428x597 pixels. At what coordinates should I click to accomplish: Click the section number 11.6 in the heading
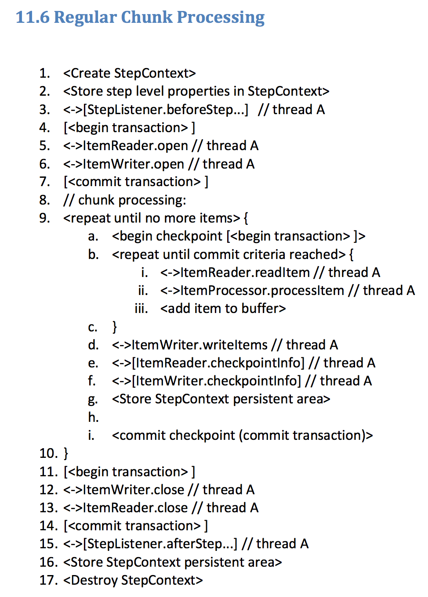coord(33,17)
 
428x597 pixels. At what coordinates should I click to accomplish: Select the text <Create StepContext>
coord(130,73)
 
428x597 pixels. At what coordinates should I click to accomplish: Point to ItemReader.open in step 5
coord(136,146)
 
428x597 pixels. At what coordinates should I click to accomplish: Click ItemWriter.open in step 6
coord(134,164)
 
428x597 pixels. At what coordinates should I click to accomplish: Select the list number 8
coord(44,200)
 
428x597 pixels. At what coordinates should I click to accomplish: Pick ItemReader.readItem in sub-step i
coord(245,273)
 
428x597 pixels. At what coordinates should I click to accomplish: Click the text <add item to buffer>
coord(223,309)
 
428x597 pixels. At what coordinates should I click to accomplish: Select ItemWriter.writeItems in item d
coord(199,345)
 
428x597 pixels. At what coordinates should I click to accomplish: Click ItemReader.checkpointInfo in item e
coord(218,363)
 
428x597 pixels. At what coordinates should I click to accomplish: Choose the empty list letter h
coord(93,417)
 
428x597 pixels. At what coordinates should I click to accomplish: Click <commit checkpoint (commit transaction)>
coord(242,435)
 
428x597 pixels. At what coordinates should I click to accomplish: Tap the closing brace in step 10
coord(66,453)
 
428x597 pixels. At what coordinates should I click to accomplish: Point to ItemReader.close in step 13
coord(135,508)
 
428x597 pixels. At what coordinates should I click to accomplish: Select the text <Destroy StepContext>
coord(133,580)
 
